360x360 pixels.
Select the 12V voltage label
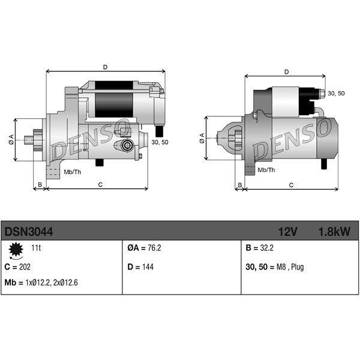click(x=288, y=231)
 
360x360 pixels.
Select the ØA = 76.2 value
click(x=144, y=247)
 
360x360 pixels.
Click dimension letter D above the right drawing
click(x=286, y=72)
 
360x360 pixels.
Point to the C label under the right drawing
click(x=291, y=185)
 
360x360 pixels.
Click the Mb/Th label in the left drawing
click(x=73, y=172)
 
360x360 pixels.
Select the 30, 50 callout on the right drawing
click(x=336, y=93)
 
